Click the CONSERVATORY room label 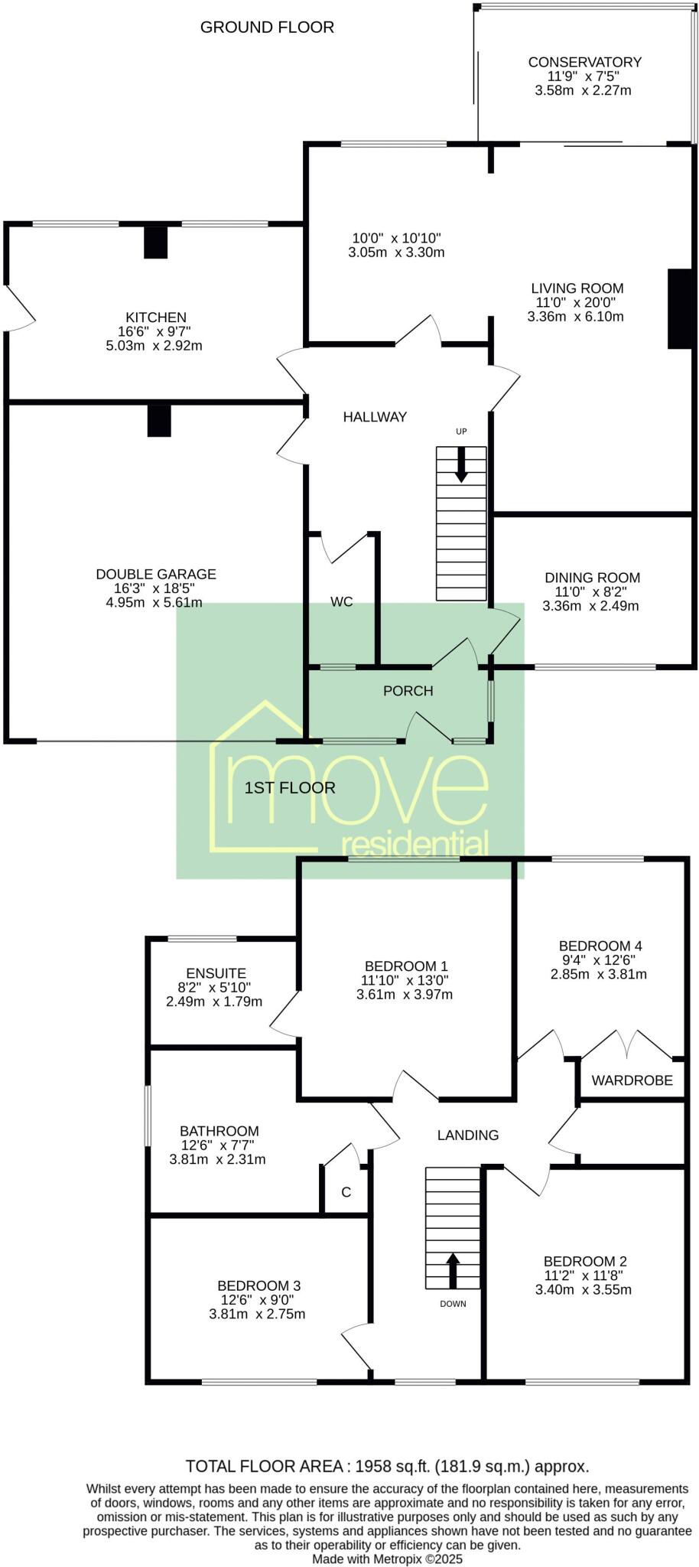(x=584, y=62)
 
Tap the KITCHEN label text (x=156, y=318)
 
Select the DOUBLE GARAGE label (x=156, y=574)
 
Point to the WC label (x=342, y=602)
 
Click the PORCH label (x=408, y=691)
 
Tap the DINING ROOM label (x=592, y=578)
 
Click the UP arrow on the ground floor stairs (x=461, y=464)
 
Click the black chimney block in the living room (x=679, y=309)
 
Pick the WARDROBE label (x=632, y=1080)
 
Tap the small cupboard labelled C (x=346, y=1192)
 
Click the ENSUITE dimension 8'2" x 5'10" (x=215, y=988)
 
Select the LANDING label (x=467, y=1135)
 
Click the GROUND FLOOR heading (x=267, y=28)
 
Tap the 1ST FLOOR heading (x=289, y=787)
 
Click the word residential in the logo (x=415, y=845)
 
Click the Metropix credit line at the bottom (x=387, y=1558)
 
